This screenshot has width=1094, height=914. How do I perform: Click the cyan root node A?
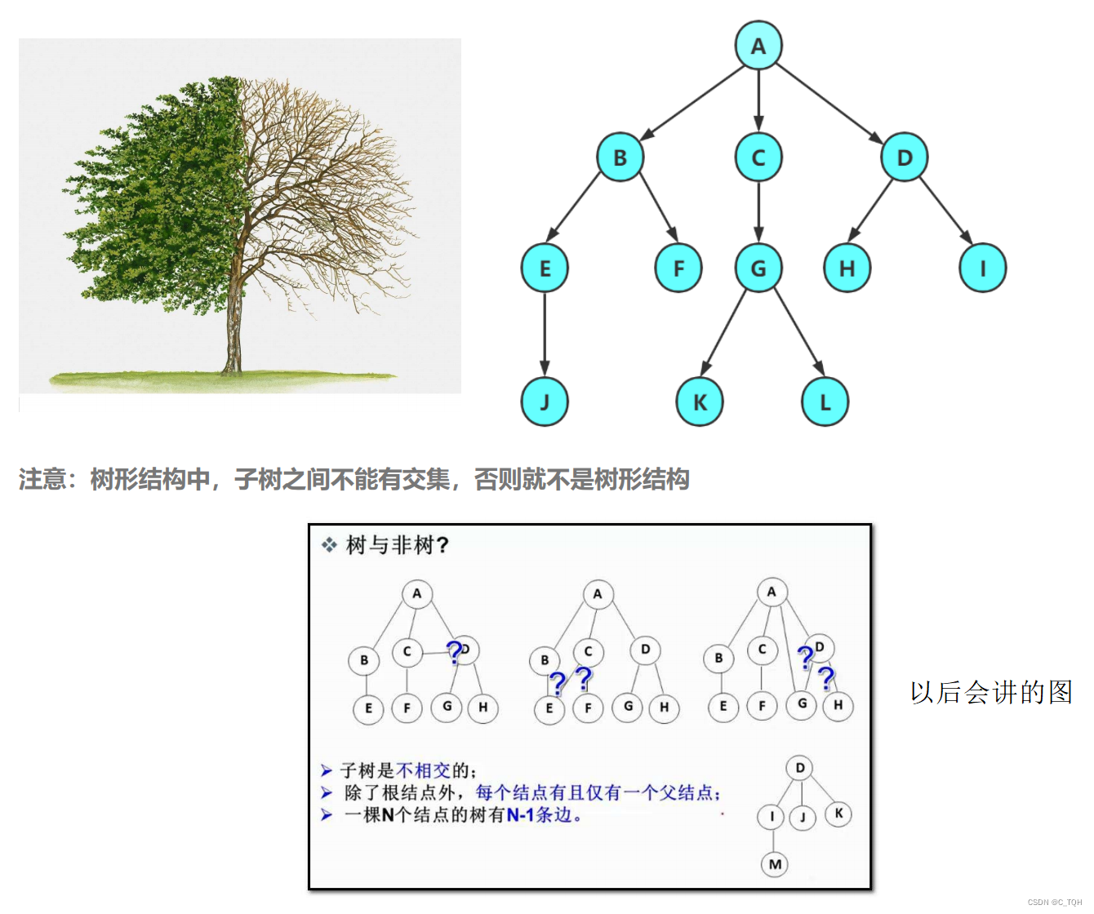758,46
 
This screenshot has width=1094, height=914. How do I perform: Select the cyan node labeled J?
545,402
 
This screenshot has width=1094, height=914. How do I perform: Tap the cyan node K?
700,402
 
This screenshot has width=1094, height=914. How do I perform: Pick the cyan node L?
825,402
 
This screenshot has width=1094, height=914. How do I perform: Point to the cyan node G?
758,268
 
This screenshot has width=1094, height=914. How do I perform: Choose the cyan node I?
982,268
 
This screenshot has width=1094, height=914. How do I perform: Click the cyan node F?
678,268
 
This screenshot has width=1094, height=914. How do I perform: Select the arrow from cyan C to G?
758,212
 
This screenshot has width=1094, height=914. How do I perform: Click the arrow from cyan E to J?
545,335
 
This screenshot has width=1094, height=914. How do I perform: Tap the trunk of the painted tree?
233,326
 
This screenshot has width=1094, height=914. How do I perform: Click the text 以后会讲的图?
991,692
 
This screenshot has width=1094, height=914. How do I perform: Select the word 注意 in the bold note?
42,479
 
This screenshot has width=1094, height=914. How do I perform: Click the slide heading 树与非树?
397,544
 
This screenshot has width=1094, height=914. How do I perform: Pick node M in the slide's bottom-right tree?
775,864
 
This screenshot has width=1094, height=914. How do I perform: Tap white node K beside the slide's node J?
838,813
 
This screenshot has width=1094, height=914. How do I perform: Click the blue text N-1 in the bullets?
520,814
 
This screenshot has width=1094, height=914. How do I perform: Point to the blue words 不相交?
423,770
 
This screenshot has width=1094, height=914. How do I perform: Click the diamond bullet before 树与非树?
329,544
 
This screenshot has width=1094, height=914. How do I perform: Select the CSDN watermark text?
1054,902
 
